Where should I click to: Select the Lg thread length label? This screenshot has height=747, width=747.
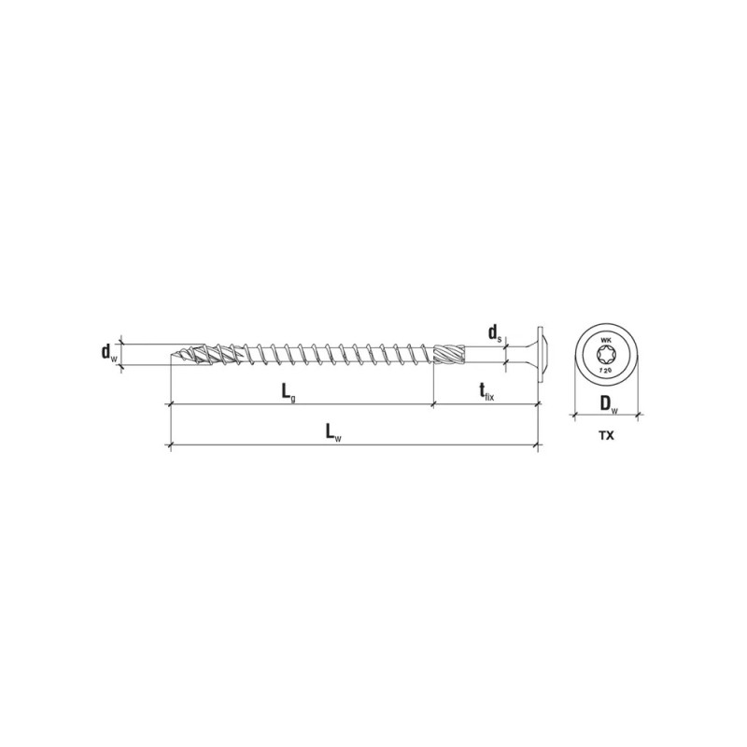tap(290, 393)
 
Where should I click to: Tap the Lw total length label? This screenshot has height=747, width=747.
tap(331, 431)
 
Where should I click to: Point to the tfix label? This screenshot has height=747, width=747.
tap(486, 393)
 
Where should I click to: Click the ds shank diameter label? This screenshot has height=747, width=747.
tap(493, 331)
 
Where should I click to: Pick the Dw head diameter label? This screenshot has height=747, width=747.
tap(608, 403)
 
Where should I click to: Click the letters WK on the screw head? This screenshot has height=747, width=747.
tap(605, 340)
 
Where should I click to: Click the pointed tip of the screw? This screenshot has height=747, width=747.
tap(173, 359)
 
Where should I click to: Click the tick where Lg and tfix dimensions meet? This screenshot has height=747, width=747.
tap(433, 405)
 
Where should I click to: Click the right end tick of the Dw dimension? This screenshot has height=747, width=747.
tap(640, 413)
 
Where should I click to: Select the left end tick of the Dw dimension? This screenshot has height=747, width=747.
tap(571, 413)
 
